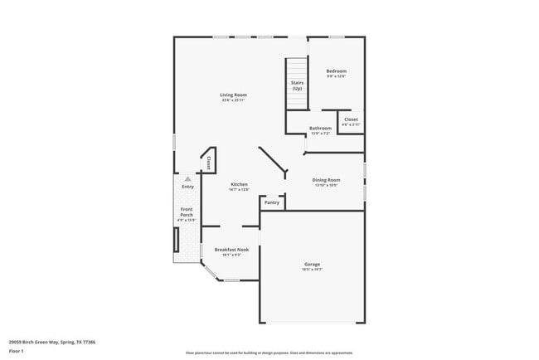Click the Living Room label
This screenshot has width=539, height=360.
[233, 95]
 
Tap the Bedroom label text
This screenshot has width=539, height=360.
[336, 71]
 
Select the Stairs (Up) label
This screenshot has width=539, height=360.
[296, 85]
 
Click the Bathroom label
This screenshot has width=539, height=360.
[320, 128]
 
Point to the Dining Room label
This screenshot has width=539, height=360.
[326, 180]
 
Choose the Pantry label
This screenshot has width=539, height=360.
[271, 202]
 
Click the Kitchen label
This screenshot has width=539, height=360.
[239, 184]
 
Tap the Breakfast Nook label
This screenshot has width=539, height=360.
[231, 249]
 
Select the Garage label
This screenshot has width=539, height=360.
[311, 264]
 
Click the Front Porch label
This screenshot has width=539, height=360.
[187, 212]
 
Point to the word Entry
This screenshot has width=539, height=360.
[187, 187]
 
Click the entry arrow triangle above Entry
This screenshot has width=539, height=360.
[187, 178]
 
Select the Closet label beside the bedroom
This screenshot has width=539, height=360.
[351, 119]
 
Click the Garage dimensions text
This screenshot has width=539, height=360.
[311, 270]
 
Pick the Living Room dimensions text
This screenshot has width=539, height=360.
[233, 100]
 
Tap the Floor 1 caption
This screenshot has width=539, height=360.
[17, 351]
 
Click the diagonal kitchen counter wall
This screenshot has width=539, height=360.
[272, 161]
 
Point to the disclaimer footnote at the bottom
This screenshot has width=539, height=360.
[269, 352]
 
